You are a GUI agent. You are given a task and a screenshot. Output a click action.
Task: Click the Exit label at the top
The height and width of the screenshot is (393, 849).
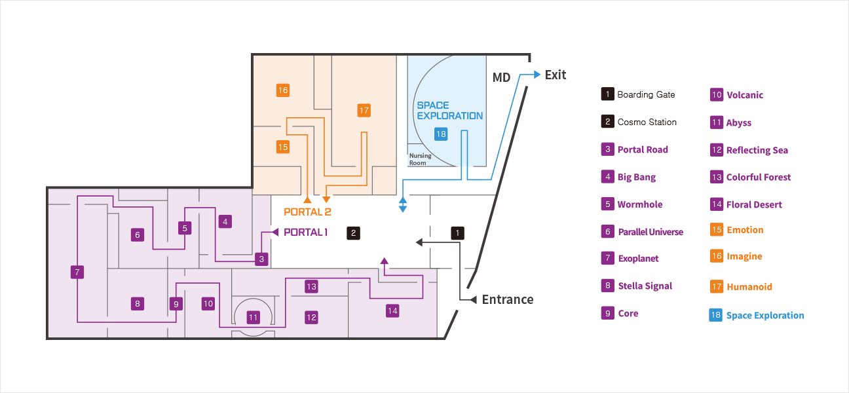pos(556,75)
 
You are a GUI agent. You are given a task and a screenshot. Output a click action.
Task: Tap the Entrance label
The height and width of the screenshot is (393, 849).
pos(507,299)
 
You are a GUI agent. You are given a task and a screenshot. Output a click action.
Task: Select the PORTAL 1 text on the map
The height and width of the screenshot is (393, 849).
pos(305,232)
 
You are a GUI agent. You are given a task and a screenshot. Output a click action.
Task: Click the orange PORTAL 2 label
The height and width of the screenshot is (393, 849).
pos(307,212)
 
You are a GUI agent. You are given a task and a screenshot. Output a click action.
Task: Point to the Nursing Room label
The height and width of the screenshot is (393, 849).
pos(420,159)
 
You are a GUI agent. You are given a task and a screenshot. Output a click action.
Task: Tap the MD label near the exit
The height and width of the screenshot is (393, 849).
pos(501,78)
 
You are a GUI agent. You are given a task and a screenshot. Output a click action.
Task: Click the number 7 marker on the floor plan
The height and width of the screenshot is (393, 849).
pos(77,272)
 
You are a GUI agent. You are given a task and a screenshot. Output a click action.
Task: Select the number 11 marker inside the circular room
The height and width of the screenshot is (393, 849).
pos(254,318)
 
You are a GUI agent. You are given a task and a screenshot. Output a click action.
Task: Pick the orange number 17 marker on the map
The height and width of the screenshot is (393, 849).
pos(364,110)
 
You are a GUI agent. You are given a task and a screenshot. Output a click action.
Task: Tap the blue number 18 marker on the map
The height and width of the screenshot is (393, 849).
pos(441,134)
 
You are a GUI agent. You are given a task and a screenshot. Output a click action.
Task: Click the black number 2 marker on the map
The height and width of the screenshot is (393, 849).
pos(354,233)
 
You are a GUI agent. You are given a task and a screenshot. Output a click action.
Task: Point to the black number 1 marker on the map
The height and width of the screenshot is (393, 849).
pos(458,233)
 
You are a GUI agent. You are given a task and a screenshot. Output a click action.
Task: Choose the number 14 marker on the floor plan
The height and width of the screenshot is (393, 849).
pos(392,310)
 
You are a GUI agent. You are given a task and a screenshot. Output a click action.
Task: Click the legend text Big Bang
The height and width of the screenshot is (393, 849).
pos(636,177)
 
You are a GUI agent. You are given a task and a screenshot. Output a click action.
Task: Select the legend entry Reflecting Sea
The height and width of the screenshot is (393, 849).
pos(757,150)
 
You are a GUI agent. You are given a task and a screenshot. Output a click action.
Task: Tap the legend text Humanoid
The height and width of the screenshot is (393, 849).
pos(749,286)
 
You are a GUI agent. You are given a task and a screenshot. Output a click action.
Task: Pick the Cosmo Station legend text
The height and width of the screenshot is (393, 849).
pos(647,122)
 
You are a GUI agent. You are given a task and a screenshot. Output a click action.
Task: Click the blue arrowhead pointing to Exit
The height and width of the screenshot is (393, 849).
pos(537,75)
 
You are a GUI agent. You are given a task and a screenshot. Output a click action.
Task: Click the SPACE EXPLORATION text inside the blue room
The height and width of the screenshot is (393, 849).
pos(449,111)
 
